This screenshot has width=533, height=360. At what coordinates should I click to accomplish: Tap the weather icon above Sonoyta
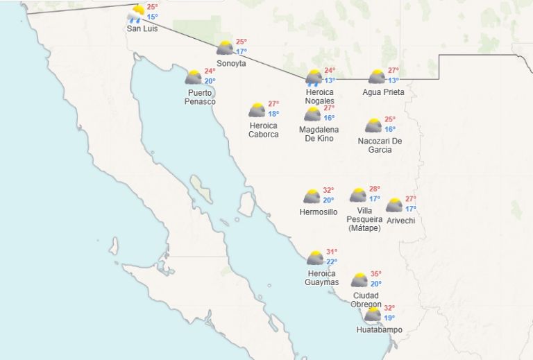(x=225, y=48)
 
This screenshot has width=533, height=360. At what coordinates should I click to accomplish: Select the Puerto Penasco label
(x=200, y=97)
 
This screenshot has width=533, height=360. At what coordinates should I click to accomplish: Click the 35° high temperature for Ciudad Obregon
(x=376, y=274)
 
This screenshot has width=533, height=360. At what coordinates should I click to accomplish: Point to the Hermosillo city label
(x=319, y=212)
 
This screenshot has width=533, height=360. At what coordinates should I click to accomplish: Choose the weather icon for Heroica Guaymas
(x=315, y=258)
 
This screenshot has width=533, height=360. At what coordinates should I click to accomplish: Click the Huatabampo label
(x=380, y=329)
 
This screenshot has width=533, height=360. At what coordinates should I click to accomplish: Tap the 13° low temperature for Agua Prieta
(x=393, y=80)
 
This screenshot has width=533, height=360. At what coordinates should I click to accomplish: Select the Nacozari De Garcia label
(x=380, y=146)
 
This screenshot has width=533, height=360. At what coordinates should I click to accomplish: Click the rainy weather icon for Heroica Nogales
(x=314, y=77)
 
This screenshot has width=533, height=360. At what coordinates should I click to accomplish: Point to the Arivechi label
(x=402, y=221)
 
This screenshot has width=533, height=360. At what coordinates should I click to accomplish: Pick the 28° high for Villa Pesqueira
(x=374, y=189)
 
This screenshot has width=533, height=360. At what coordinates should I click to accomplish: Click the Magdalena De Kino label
(x=319, y=134)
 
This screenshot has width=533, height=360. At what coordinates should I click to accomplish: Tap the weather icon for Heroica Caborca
(x=257, y=110)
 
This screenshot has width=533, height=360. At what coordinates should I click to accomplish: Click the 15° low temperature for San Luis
(x=152, y=17)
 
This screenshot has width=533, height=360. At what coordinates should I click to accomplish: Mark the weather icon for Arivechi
(x=394, y=205)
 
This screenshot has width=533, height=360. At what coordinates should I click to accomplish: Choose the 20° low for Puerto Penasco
(x=210, y=81)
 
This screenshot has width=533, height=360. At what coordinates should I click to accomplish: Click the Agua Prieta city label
(x=383, y=92)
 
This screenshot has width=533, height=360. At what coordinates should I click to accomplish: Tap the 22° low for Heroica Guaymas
(x=332, y=262)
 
